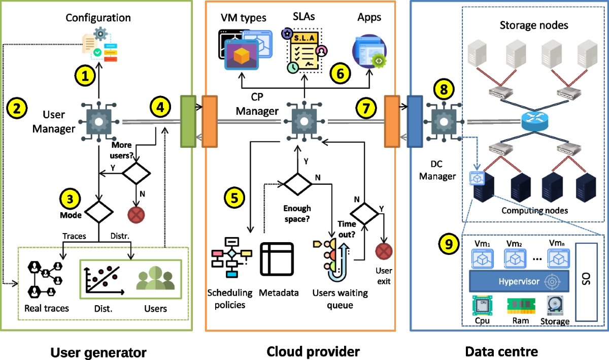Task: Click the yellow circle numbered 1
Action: point(86,76)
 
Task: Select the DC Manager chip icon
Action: point(440,121)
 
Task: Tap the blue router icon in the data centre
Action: point(533,121)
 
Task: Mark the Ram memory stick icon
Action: point(518,306)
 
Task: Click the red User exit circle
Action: point(384,252)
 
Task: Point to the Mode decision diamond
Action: point(98,210)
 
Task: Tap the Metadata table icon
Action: point(277,259)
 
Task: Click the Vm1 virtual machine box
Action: point(480,258)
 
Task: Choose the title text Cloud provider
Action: point(313,351)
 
